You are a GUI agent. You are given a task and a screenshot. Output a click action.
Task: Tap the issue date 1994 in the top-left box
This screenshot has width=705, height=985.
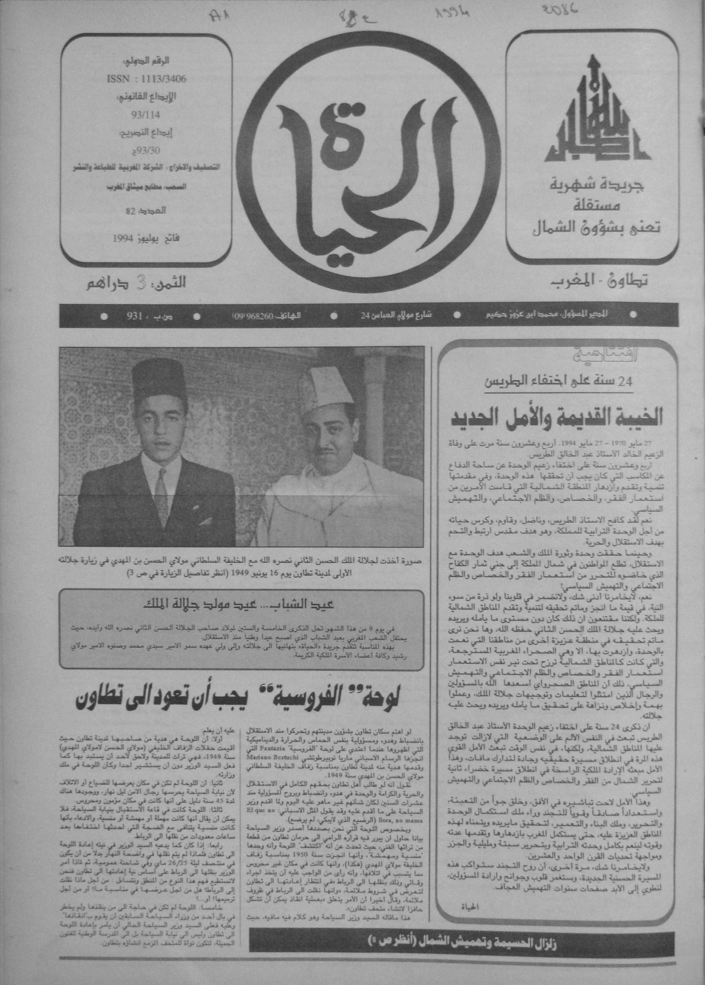[x=125, y=238]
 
